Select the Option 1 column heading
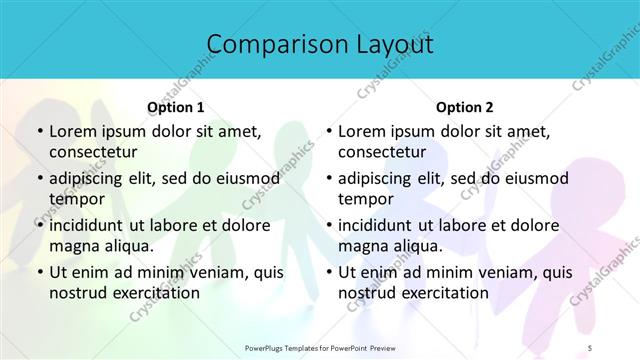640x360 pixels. click(x=175, y=107)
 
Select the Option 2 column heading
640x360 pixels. click(x=465, y=107)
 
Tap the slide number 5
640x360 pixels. click(x=619, y=347)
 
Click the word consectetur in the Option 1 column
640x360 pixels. click(x=93, y=153)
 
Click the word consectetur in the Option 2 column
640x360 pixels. click(x=382, y=153)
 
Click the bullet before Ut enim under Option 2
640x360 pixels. click(x=328, y=272)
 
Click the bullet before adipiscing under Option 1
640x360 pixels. click(x=39, y=179)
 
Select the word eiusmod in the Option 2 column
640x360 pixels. click(x=536, y=179)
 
